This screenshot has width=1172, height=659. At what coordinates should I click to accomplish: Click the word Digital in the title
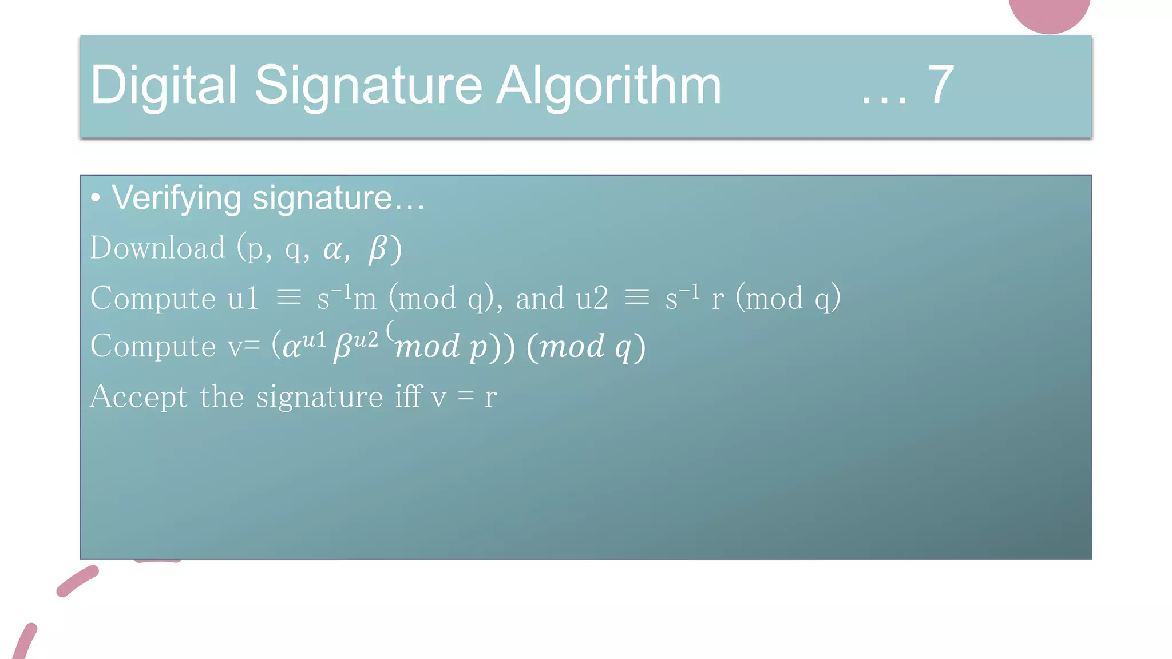pyautogui.click(x=164, y=86)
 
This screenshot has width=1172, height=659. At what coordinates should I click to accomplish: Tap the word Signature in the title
pyautogui.click(x=369, y=86)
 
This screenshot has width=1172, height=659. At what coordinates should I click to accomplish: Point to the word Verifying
pyautogui.click(x=177, y=199)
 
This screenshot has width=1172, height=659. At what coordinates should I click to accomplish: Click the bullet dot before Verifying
pyautogui.click(x=96, y=198)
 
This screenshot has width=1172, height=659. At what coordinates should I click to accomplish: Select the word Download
pyautogui.click(x=157, y=248)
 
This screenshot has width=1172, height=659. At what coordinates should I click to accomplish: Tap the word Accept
pyautogui.click(x=138, y=396)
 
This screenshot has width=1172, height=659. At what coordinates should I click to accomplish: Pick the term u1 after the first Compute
pyautogui.click(x=243, y=298)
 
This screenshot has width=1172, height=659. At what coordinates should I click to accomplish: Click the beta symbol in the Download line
pyautogui.click(x=378, y=249)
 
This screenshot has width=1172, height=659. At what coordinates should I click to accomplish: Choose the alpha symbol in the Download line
pyautogui.click(x=334, y=249)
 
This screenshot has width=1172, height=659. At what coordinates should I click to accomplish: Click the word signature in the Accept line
pyautogui.click(x=319, y=397)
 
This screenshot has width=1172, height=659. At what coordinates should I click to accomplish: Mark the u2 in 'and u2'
pyautogui.click(x=592, y=298)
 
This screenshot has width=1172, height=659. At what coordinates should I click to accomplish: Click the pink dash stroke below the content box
pyautogui.click(x=77, y=581)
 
